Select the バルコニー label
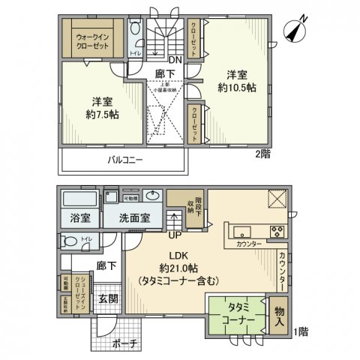point(124,160)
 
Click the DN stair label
point(172,61)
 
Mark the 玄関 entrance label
point(109,298)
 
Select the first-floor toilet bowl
point(70,242)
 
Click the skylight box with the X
point(276,198)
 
